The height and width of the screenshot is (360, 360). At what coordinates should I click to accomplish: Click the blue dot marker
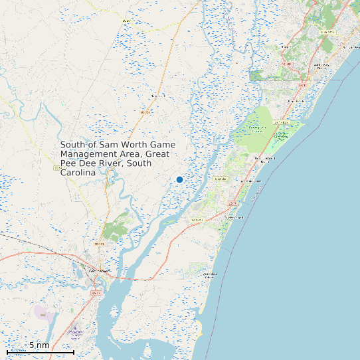tap(179, 179)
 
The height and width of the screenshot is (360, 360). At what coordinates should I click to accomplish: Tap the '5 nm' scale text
tap(39, 345)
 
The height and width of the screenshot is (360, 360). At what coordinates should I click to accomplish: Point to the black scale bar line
tap(40, 352)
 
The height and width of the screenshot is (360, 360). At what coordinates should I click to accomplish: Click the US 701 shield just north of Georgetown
tap(100, 244)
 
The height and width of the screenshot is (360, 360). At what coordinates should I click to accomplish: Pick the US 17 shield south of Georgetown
tap(96, 293)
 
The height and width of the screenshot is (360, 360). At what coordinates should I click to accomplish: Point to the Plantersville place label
tap(157, 96)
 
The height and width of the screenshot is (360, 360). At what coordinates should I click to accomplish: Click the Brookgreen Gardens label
tap(257, 128)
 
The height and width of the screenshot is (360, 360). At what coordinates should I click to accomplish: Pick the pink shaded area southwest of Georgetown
tap(45, 312)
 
